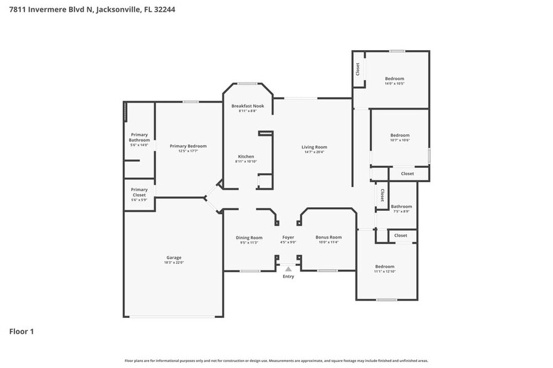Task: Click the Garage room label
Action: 174,257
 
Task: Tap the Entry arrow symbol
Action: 288,269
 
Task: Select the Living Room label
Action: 315,147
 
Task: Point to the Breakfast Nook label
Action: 248,106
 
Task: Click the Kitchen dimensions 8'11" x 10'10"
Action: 246,161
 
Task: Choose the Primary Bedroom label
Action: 188,146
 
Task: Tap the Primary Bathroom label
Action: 139,137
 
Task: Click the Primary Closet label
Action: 139,192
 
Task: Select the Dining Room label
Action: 249,237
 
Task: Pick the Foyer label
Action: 288,237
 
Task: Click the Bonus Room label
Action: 328,237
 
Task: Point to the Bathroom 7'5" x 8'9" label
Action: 401,207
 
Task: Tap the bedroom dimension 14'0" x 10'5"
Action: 394,83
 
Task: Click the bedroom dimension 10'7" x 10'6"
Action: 399,140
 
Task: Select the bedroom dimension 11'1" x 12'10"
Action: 385,271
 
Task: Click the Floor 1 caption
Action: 21,331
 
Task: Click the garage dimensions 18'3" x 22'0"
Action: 174,262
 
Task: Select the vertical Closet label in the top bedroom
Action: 358,69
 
